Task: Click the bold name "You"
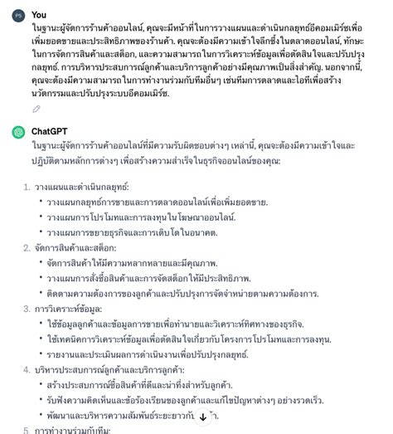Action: click(39, 14)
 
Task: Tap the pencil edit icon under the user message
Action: click(36, 108)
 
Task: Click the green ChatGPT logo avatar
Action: click(18, 131)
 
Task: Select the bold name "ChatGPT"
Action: click(54, 131)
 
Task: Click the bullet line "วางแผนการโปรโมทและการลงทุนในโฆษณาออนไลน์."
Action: click(141, 217)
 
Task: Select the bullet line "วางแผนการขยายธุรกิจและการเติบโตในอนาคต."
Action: click(133, 232)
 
